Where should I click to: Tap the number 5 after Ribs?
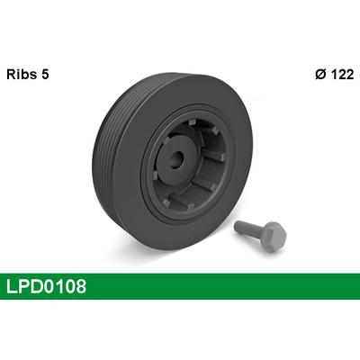[x=45, y=74]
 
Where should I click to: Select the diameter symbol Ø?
[x=320, y=74]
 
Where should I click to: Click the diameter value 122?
[x=342, y=74]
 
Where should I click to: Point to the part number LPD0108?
[x=46, y=286]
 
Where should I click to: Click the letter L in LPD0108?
[x=12, y=286]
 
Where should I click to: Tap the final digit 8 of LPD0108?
[x=81, y=286]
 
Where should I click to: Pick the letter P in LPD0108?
[x=23, y=286]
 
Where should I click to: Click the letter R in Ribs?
[x=11, y=74]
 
